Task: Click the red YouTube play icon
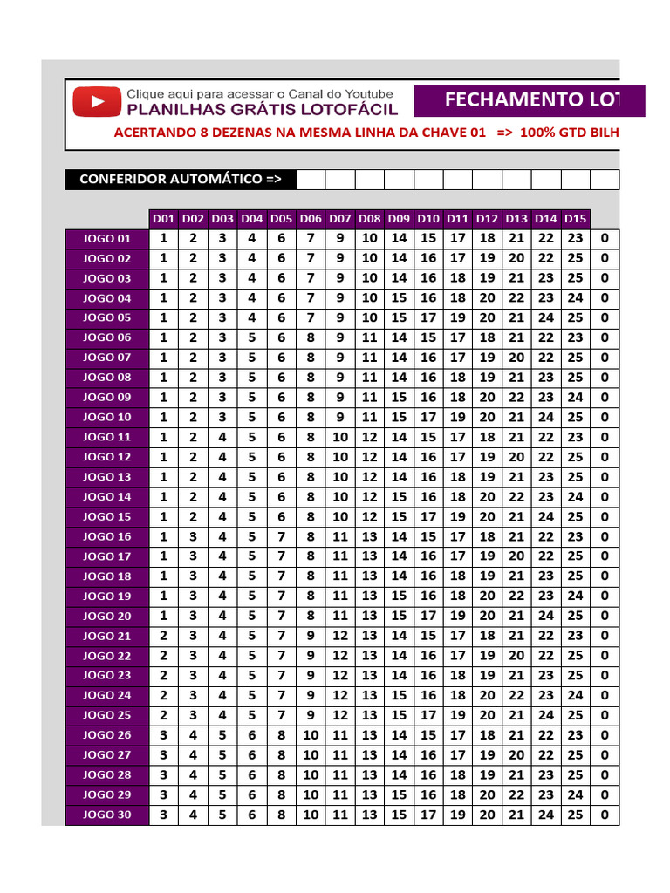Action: point(96,102)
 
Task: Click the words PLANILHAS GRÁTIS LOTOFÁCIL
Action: point(262,110)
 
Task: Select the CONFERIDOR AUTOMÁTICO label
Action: point(181,180)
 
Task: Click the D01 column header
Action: point(164,219)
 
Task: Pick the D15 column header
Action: point(575,219)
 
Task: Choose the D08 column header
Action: point(370,219)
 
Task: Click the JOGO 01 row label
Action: point(106,239)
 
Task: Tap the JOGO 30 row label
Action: point(106,815)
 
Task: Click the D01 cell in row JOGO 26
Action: point(164,735)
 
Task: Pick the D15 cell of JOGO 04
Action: point(575,298)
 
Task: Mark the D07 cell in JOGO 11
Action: point(340,437)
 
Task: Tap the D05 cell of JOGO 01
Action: point(282,239)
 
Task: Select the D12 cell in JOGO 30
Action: point(487,815)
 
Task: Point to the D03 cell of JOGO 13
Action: point(222,477)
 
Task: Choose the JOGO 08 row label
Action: point(106,378)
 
